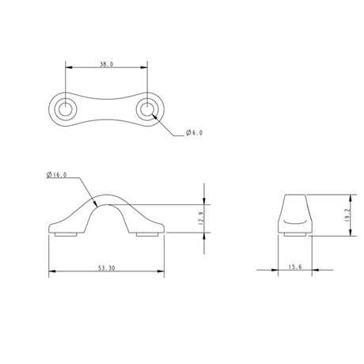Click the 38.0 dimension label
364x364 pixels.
pos(107,64)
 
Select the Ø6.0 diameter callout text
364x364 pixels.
pos(194,133)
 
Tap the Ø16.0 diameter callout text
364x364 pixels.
pos(57,175)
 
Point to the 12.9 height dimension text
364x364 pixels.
pos(202,218)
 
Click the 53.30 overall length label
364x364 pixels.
pos(107,268)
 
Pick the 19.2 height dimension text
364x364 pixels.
pos(348,214)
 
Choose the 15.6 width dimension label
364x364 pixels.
pos(295,267)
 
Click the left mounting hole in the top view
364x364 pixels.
pos(66,109)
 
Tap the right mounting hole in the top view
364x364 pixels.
pos(147,109)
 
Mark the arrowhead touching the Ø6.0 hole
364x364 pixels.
pos(154,117)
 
